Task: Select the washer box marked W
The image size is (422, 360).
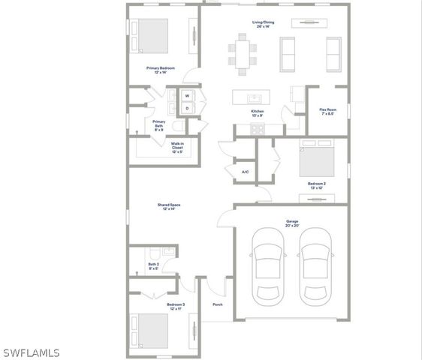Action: [186, 95]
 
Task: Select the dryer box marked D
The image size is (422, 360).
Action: [186, 109]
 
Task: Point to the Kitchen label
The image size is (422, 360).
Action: [258, 113]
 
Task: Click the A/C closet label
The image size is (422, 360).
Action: [245, 172]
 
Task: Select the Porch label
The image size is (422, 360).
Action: [218, 304]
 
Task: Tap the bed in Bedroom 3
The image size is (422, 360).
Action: [153, 330]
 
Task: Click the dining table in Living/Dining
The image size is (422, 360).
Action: [243, 53]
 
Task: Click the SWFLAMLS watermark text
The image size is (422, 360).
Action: [31, 352]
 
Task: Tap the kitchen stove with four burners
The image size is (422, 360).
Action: [258, 128]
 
